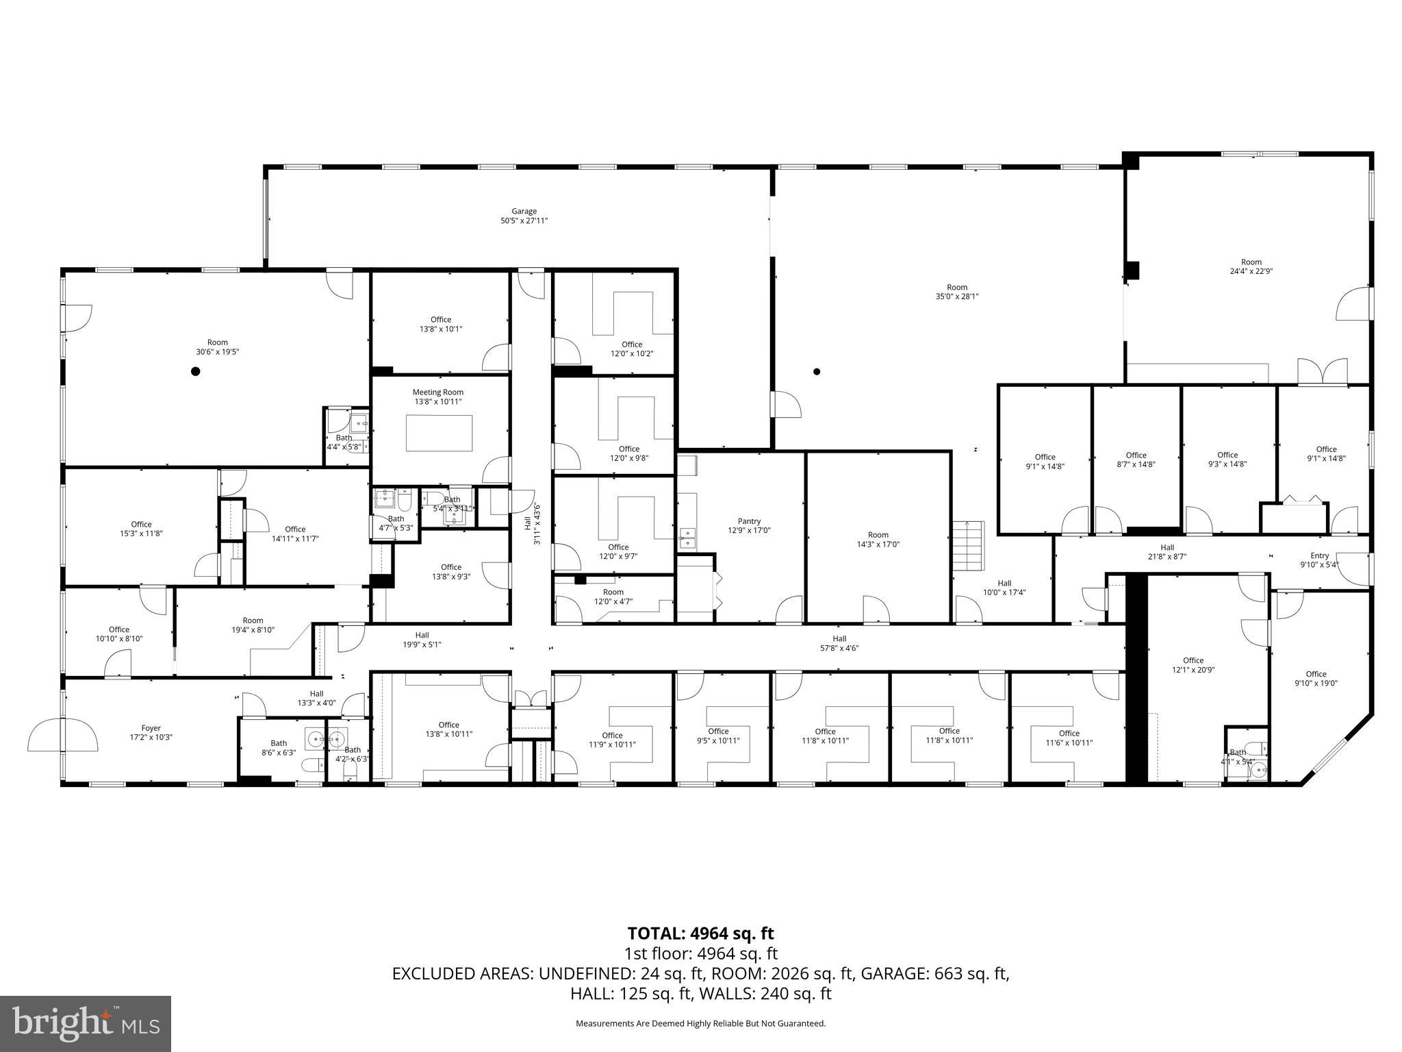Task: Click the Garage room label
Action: pos(524,212)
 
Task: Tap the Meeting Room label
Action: pos(437,392)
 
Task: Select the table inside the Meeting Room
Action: pos(439,433)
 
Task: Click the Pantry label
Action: pos(749,521)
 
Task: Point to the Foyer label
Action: pos(151,728)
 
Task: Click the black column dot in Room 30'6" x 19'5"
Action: pos(195,371)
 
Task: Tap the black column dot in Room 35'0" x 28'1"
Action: pos(816,372)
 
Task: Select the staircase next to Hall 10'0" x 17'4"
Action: pos(968,545)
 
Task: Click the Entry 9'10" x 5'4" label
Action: pos(1319,555)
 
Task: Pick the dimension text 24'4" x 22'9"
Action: pos(1251,271)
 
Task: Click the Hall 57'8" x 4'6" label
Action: pos(839,638)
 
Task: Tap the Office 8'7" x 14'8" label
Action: pos(1136,455)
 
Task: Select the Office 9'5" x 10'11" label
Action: pos(718,731)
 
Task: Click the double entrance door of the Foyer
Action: pos(62,735)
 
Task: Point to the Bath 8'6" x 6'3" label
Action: pos(279,743)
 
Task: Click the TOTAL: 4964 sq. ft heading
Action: pos(700,933)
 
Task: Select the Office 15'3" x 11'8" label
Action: pos(141,525)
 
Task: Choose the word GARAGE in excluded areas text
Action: pos(890,973)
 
